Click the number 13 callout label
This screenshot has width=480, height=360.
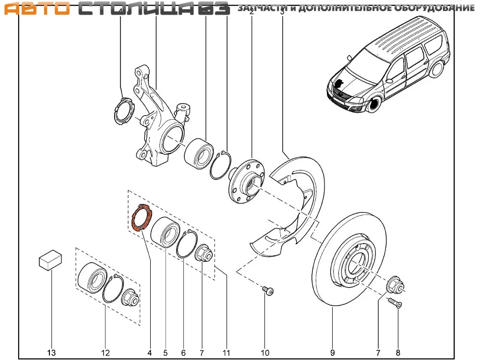pyautogui.click(x=51, y=353)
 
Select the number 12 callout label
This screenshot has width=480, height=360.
pyautogui.click(x=106, y=353)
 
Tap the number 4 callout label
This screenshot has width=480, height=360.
pyautogui.click(x=150, y=353)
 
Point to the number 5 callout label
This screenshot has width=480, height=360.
pyautogui.click(x=166, y=353)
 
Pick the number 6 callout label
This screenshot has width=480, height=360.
pyautogui.click(x=183, y=353)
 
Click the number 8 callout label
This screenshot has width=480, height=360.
pyautogui.click(x=397, y=353)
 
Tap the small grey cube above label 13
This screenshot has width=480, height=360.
pyautogui.click(x=50, y=260)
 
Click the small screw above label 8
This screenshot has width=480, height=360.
pyautogui.click(x=394, y=302)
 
